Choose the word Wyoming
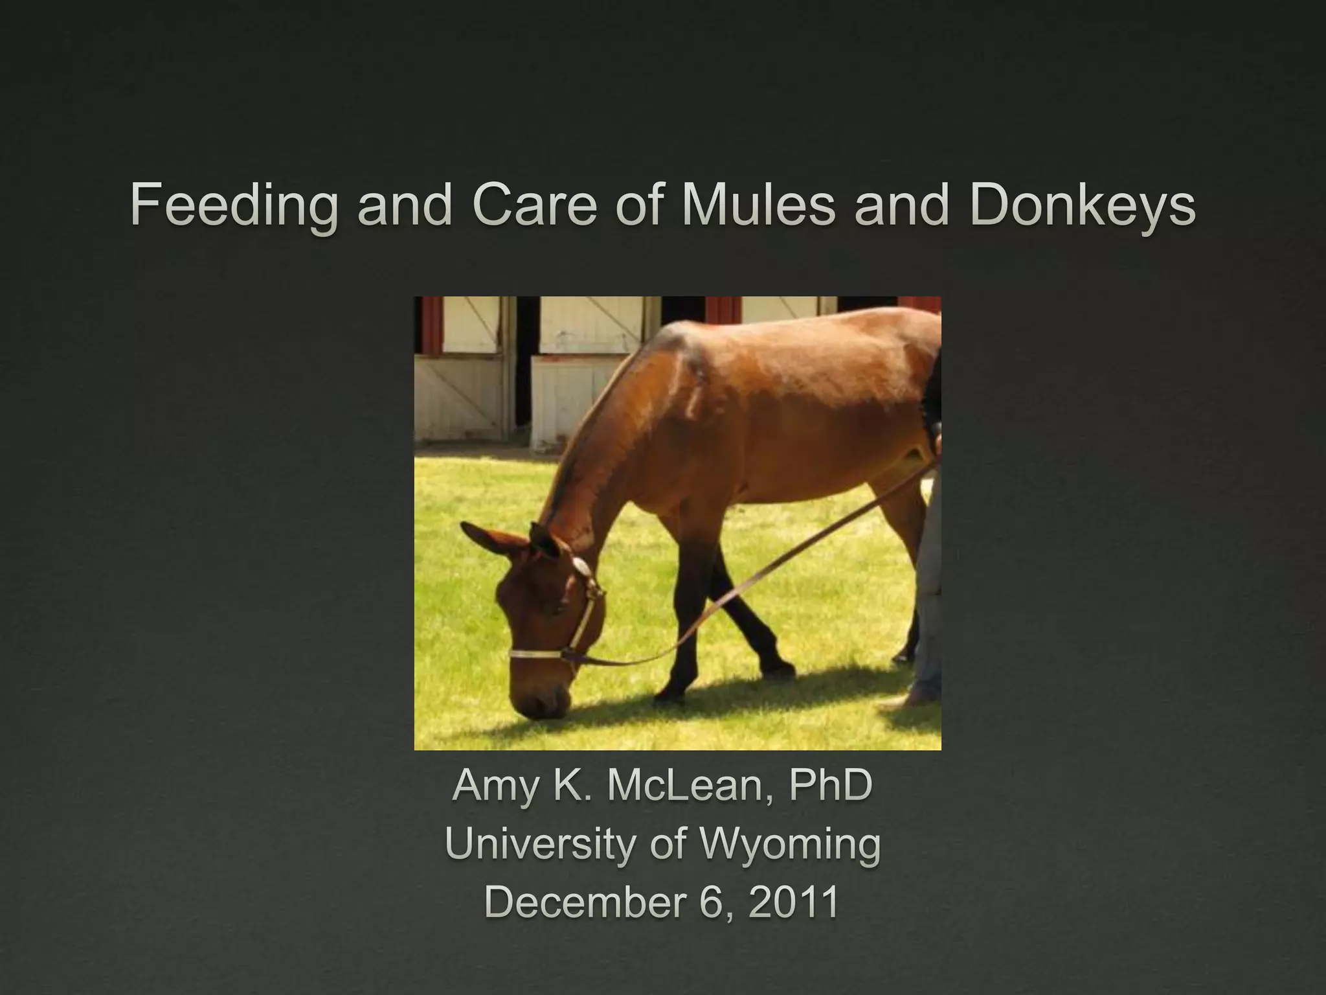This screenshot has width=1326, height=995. click(790, 845)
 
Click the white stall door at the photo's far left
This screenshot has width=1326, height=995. click(457, 395)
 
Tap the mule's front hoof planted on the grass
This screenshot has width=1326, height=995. click(670, 696)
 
